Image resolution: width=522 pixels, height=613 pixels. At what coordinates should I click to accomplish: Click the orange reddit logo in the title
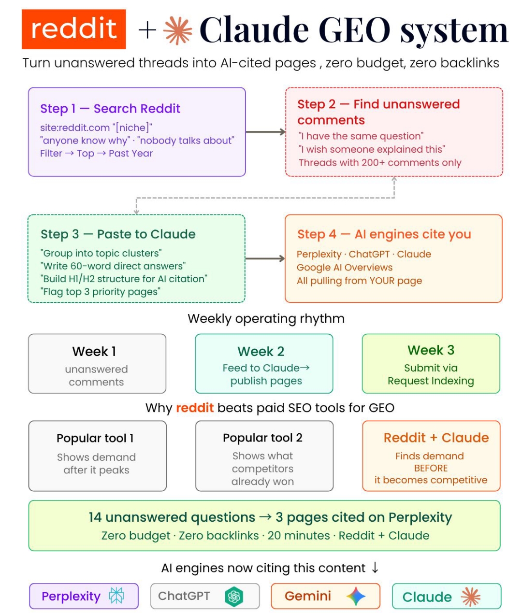point(73,29)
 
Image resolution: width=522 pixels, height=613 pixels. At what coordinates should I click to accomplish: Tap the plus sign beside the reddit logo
point(147,30)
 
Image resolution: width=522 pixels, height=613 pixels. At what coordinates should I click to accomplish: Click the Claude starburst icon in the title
point(178,30)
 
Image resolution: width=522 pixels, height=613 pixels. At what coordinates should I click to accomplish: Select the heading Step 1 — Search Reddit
point(110,109)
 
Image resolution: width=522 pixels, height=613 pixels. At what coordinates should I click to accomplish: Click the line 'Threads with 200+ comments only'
point(380,162)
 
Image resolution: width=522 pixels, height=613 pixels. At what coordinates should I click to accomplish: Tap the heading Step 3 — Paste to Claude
point(118,234)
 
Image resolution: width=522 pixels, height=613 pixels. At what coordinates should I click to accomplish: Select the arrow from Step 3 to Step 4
point(265,258)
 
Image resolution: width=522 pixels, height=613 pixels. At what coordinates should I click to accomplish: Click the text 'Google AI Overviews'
point(345,267)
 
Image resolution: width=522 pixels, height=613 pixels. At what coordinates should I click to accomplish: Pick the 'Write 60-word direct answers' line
point(113,266)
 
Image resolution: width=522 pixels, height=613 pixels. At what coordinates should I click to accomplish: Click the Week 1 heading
point(94,352)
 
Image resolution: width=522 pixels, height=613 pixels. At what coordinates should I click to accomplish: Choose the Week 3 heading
point(431,350)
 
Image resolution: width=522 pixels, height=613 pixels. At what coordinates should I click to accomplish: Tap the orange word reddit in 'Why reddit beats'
point(195,408)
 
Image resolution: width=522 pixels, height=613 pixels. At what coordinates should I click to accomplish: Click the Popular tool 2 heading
point(262,438)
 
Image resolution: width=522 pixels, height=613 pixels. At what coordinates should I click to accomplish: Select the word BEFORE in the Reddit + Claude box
point(431,468)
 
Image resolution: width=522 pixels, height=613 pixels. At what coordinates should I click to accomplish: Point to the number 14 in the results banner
point(95,517)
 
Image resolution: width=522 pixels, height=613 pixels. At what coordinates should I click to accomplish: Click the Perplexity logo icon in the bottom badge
point(116,596)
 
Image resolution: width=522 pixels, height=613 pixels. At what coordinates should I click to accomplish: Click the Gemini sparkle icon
point(356,596)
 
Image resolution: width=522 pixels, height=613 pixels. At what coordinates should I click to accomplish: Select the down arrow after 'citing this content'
point(375,568)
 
